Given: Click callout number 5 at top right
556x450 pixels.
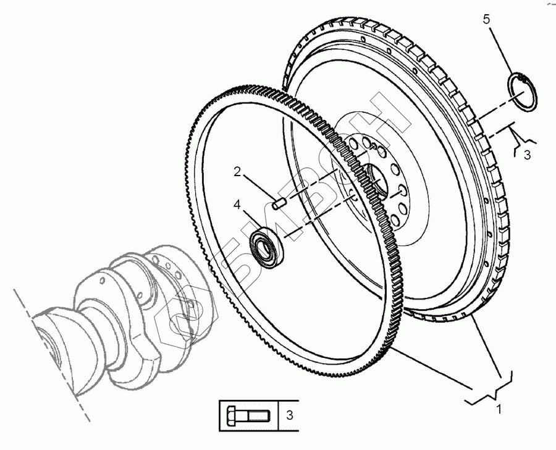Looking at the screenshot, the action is [487, 20].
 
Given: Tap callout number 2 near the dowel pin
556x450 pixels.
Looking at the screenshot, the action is [237, 172].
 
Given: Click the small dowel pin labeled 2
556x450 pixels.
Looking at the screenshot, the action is [279, 201].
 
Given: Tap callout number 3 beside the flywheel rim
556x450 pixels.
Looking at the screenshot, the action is [527, 155].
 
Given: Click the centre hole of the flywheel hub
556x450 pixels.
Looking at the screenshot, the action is [377, 180].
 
